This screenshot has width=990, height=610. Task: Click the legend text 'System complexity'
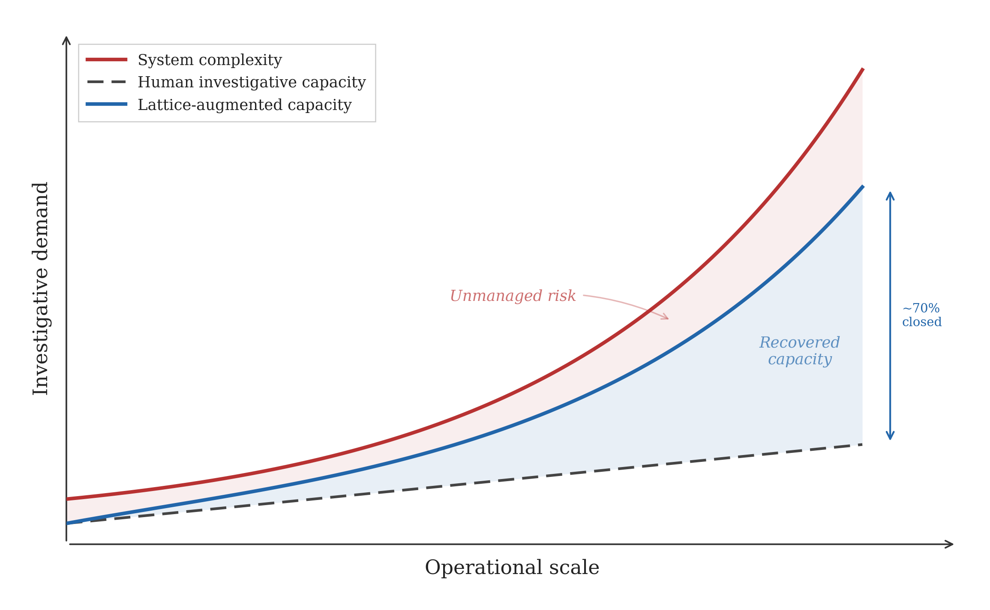pyautogui.click(x=210, y=60)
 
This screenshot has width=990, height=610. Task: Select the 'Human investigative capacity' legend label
pyautogui.click(x=252, y=82)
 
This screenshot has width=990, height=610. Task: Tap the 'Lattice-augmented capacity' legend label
pyautogui.click(x=244, y=105)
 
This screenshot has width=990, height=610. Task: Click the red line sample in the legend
pyautogui.click(x=106, y=60)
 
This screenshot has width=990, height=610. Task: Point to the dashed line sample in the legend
pyautogui.click(x=106, y=82)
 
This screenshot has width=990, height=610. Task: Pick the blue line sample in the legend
pyautogui.click(x=106, y=104)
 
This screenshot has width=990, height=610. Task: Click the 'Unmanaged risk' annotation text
pyautogui.click(x=513, y=296)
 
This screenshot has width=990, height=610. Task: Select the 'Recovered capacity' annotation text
pyautogui.click(x=800, y=351)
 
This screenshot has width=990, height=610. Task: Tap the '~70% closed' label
pyautogui.click(x=921, y=315)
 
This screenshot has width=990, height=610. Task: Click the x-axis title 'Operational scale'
pyautogui.click(x=512, y=568)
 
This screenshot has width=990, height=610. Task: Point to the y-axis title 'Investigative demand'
pyautogui.click(x=41, y=289)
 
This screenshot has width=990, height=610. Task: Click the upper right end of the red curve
pyautogui.click(x=862, y=69)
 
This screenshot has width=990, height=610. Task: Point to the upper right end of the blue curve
pyautogui.click(x=862, y=187)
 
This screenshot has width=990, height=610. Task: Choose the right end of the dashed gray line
pyautogui.click(x=861, y=445)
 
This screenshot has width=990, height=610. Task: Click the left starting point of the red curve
pyautogui.click(x=68, y=499)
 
